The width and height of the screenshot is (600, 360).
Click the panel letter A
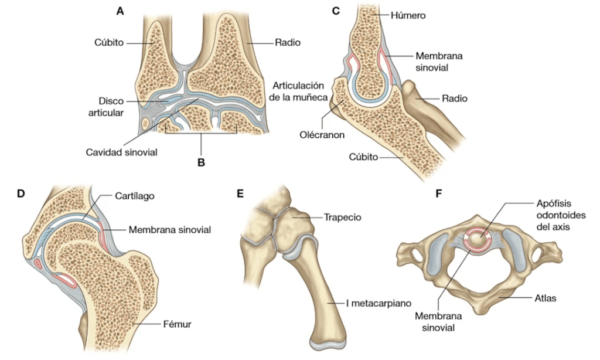pyautogui.click(x=120, y=11)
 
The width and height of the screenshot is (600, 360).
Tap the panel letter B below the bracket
pyautogui.click(x=201, y=162)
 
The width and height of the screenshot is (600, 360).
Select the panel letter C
pyautogui.click(x=336, y=11)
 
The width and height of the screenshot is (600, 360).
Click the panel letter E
pyautogui.click(x=240, y=193)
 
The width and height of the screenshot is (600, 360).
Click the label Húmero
pyautogui.click(x=409, y=16)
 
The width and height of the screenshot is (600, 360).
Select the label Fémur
pyautogui.click(x=179, y=323)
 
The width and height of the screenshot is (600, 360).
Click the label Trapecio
pyautogui.click(x=342, y=217)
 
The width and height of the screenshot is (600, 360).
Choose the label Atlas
pyautogui.click(x=546, y=298)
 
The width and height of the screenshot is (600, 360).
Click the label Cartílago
pyautogui.click(x=135, y=196)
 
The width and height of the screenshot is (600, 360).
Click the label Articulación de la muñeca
pyautogui.click(x=301, y=91)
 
